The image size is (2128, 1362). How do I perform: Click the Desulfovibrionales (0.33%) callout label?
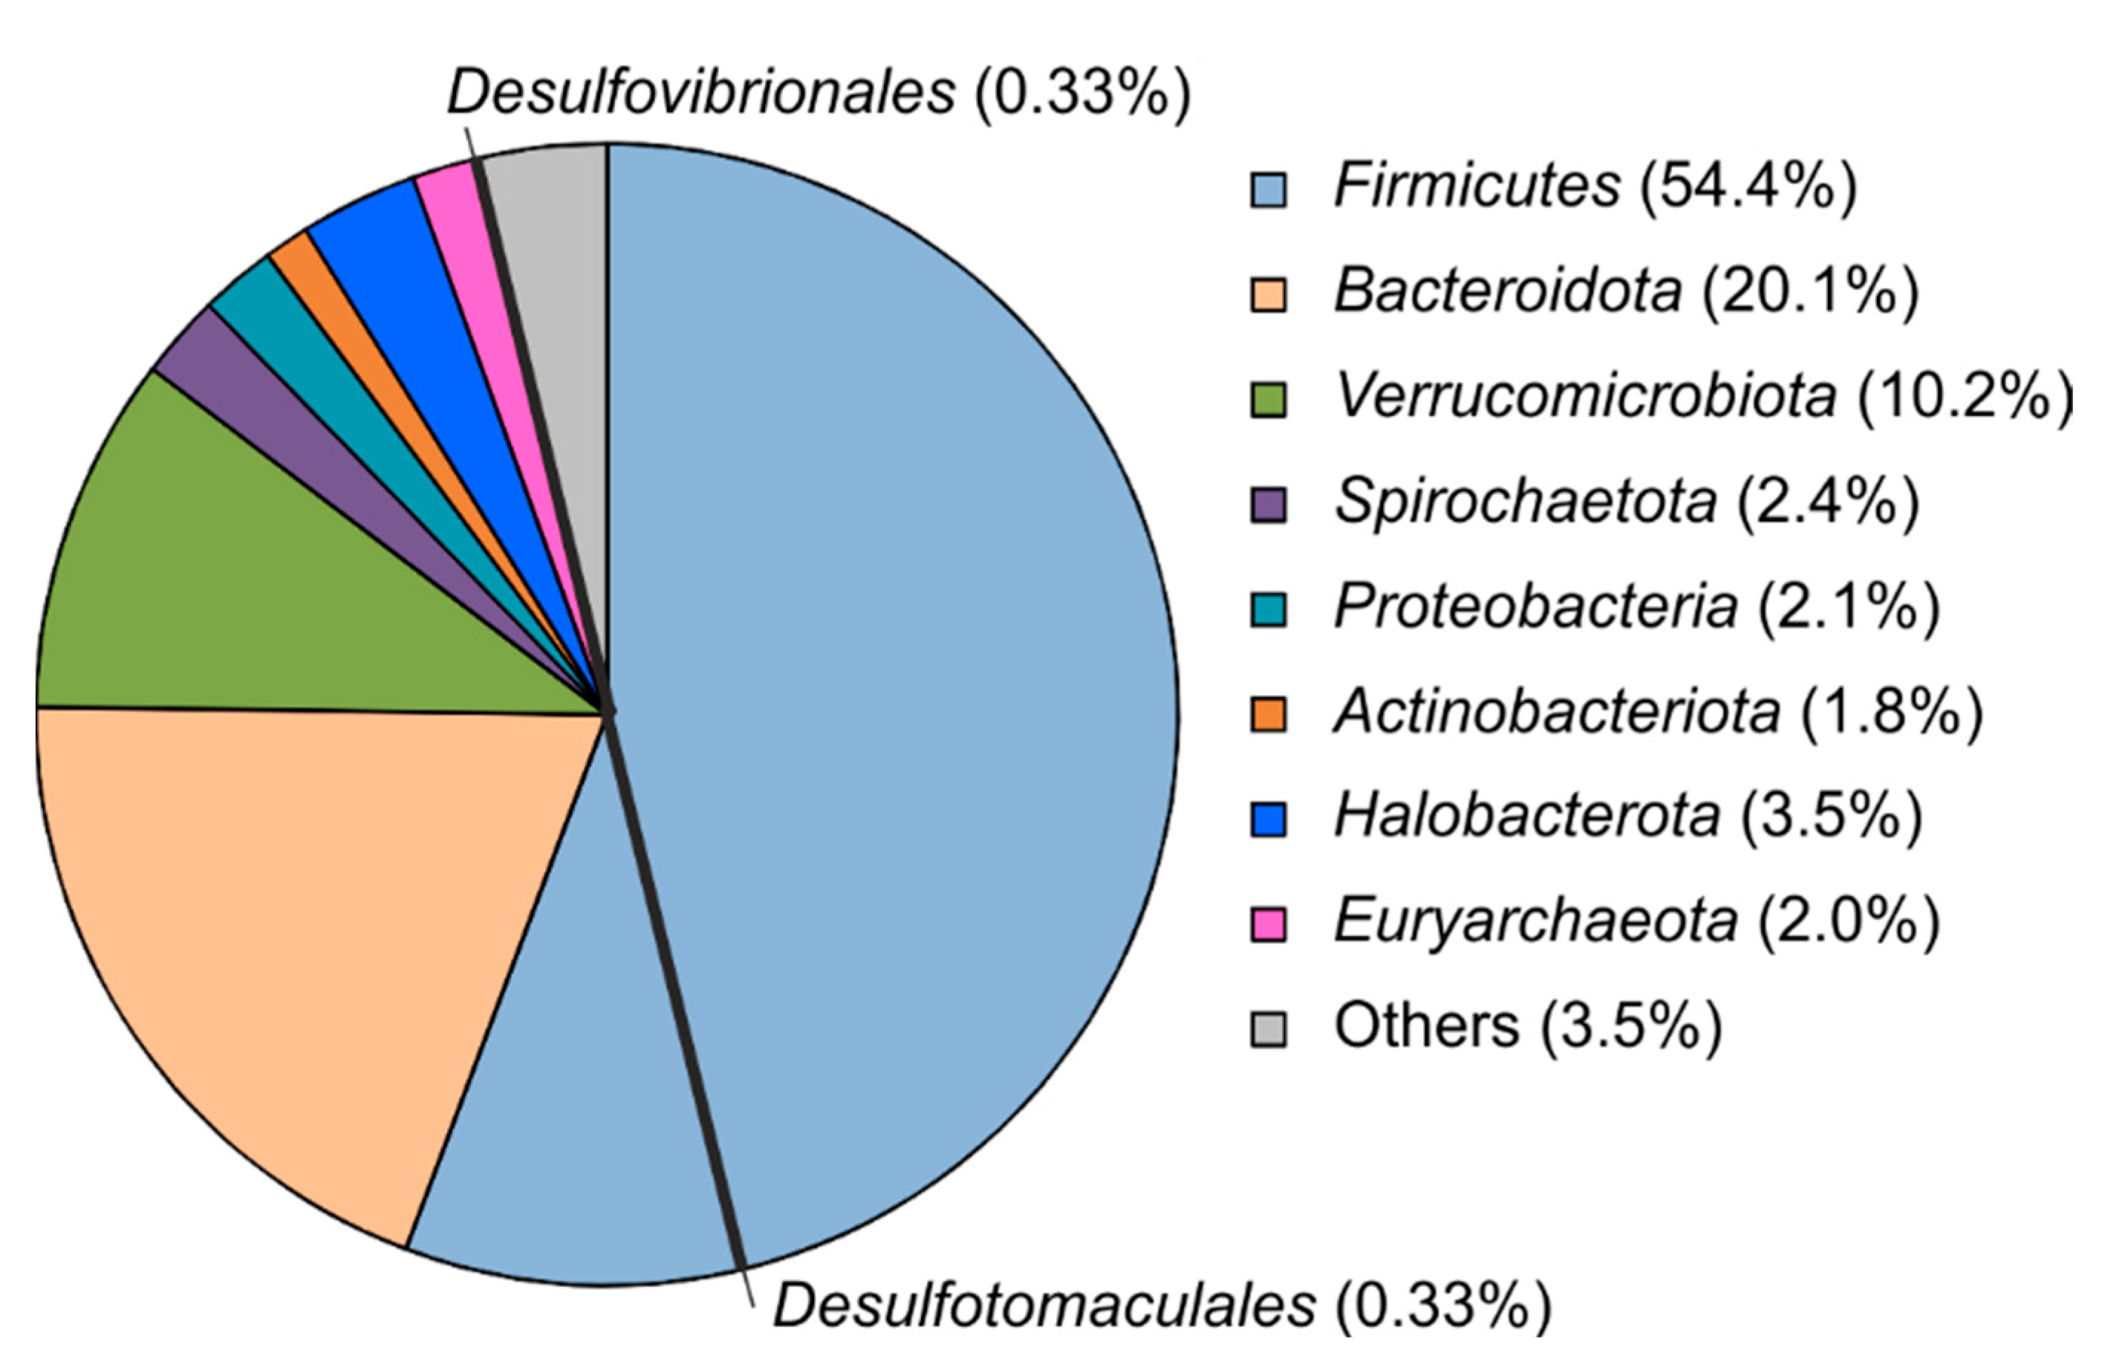click(x=819, y=91)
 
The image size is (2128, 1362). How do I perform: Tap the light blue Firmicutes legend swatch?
click(x=1268, y=189)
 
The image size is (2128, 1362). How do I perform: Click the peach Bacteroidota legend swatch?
click(x=1268, y=294)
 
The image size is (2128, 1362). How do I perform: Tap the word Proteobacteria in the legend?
click(x=1535, y=607)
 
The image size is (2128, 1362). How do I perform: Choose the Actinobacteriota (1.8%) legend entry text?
click(x=1658, y=712)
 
